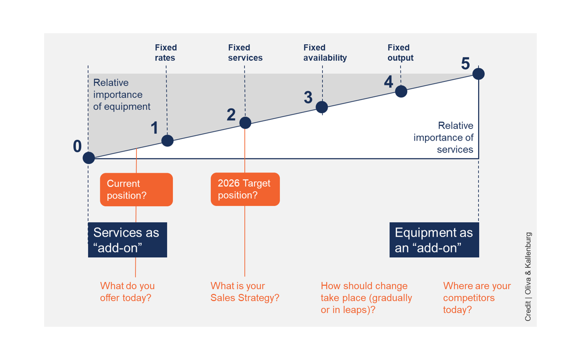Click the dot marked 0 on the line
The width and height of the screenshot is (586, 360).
89,158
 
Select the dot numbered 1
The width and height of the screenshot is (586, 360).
167,140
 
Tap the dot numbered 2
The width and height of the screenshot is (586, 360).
245,123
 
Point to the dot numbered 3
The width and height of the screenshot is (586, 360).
322,107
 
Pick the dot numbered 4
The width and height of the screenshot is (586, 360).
401,91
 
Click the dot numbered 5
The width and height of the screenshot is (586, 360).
478,74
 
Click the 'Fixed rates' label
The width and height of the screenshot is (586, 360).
166,53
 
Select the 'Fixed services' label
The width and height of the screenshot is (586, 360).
245,53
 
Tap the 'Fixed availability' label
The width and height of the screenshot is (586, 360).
325,53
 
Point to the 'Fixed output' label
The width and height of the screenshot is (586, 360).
400,53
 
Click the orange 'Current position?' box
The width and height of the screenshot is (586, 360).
136,189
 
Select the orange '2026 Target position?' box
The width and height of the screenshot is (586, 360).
245,189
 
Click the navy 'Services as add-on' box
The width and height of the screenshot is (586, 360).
127,240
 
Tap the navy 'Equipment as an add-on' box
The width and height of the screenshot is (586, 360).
434,240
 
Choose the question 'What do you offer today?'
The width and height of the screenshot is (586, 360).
127,291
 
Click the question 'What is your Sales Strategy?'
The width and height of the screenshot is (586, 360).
245,291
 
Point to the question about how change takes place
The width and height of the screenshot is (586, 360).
366,297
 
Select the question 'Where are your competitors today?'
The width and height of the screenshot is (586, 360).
477,297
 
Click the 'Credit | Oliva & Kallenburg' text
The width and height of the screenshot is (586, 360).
528,276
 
